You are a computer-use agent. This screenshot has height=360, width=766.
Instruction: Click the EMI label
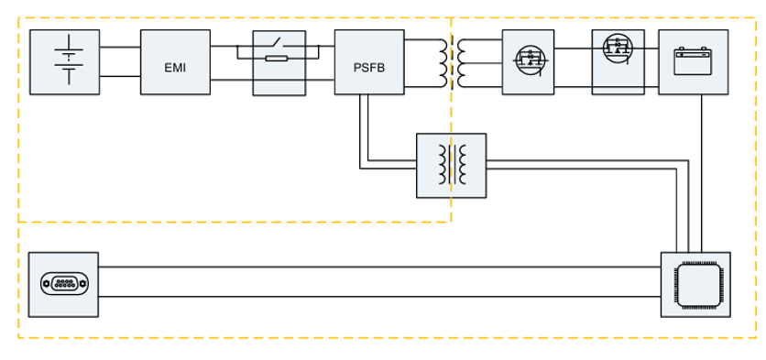pos(175,67)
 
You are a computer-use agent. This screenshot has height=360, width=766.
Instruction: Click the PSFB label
pos(369,67)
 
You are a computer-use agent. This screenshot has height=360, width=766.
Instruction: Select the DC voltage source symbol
pos(65,60)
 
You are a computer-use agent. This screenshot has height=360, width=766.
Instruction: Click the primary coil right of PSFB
pos(443,61)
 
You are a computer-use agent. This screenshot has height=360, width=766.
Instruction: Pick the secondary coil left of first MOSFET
pos(463,61)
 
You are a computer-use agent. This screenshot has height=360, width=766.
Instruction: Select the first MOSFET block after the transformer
pos(528,61)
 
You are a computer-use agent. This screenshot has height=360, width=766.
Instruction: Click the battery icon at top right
pos(693,61)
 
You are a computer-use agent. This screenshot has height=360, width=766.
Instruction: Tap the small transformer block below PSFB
pos(451,165)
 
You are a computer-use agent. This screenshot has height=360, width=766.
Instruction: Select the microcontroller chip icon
pos(695,284)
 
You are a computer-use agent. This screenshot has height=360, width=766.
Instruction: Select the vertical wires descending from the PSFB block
pos(365,128)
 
